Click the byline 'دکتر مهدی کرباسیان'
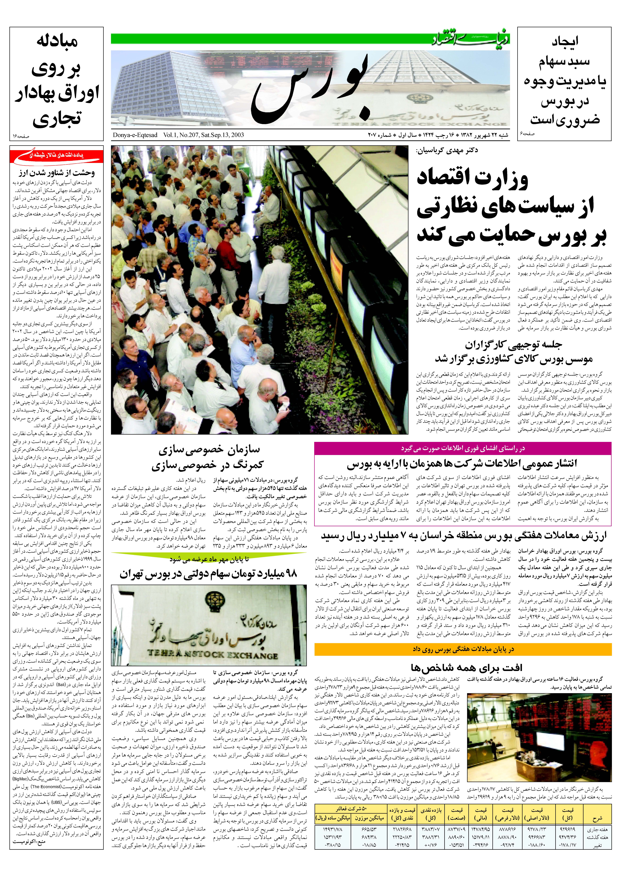click(447, 150)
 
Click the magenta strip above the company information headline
click(463, 448)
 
